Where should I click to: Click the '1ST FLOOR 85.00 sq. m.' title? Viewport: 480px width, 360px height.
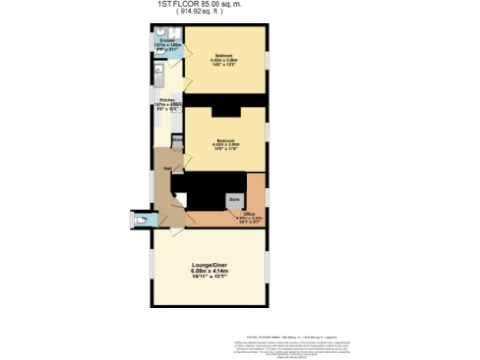pos(212,5)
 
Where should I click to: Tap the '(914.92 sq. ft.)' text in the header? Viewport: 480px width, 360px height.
pos(212,14)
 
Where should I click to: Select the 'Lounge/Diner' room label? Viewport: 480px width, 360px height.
pos(207,266)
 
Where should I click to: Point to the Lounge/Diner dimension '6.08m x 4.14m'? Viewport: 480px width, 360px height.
pos(208,273)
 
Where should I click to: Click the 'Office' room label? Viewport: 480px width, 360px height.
pos(248,214)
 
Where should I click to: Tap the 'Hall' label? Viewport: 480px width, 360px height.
pos(166,168)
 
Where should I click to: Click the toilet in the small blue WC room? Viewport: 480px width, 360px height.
pos(141,221)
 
